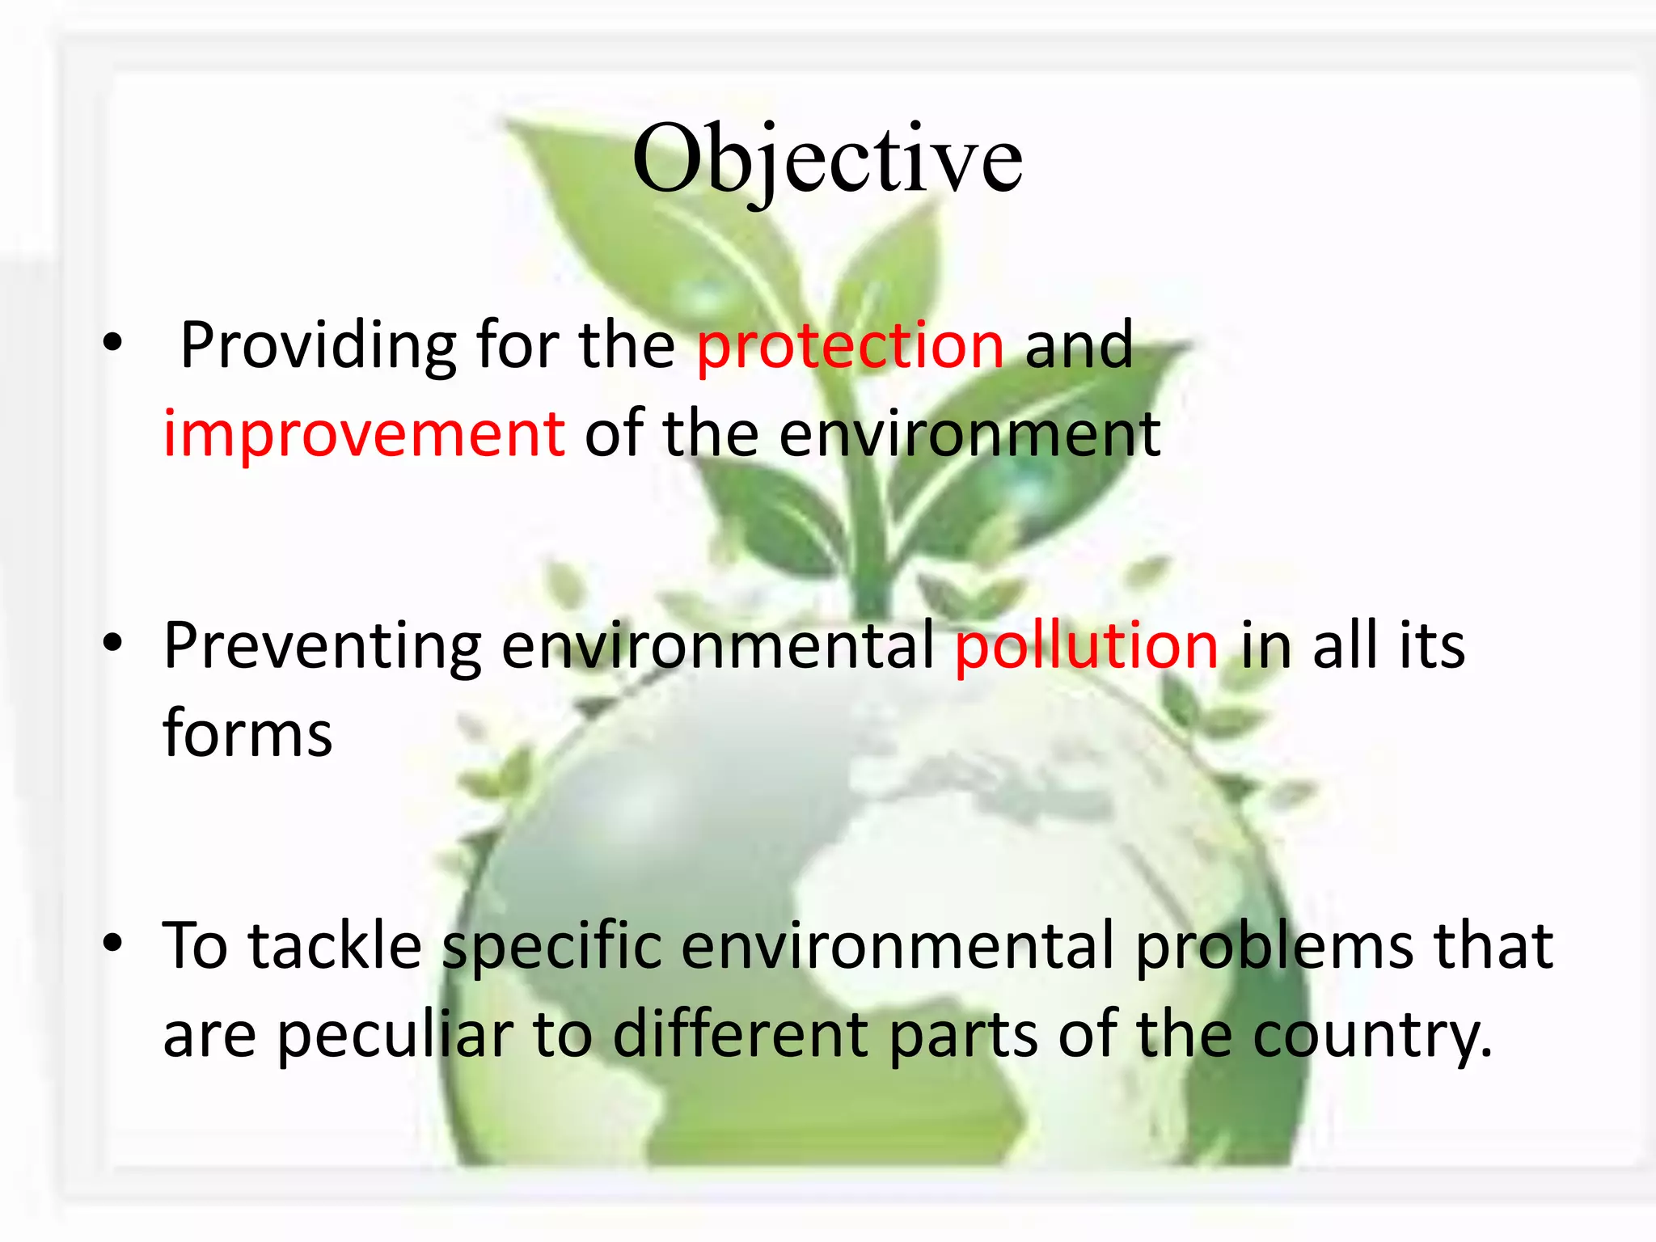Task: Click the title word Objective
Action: [827, 158]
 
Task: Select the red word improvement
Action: [364, 434]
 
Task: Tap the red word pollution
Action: [1086, 646]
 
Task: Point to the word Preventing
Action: [323, 646]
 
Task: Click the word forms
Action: [247, 733]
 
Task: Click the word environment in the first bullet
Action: [970, 434]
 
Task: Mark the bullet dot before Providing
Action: [112, 344]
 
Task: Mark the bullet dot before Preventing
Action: [112, 644]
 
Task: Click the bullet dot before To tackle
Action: [112, 943]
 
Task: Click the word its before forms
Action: [1432, 646]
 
